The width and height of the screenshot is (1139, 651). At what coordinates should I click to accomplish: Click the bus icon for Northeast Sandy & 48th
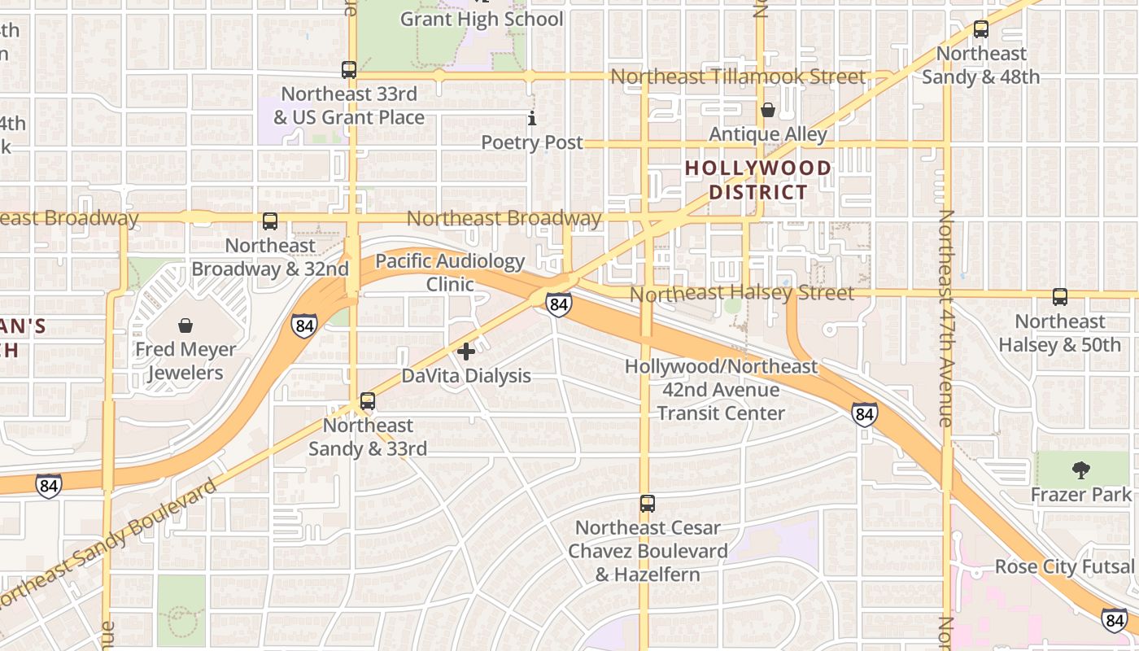click(x=980, y=30)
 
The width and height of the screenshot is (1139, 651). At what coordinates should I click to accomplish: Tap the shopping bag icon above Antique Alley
click(x=767, y=110)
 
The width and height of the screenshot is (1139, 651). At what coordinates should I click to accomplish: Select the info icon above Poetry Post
click(x=532, y=119)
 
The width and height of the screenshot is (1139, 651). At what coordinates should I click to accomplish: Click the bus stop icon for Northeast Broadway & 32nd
click(x=269, y=221)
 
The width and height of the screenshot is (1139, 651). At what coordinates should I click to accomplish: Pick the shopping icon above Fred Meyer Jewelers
click(x=185, y=326)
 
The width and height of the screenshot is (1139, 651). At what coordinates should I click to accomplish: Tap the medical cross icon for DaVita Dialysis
click(x=466, y=352)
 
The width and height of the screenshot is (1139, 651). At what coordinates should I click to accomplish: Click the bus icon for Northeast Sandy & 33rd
click(x=367, y=401)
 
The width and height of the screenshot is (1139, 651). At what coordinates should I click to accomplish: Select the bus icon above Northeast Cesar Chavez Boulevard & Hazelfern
click(x=647, y=504)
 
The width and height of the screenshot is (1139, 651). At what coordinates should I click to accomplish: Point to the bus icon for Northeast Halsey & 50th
click(x=1059, y=297)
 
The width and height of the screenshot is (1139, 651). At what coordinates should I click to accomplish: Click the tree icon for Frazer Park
click(x=1080, y=470)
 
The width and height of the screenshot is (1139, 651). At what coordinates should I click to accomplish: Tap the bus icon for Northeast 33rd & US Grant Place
click(x=349, y=70)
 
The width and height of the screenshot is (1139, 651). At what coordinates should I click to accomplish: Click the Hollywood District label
click(x=758, y=180)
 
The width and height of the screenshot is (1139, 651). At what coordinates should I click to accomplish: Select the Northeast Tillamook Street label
click(x=738, y=76)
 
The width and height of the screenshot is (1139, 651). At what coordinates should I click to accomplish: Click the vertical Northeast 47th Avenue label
click(x=945, y=318)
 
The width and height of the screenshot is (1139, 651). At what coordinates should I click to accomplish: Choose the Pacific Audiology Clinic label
click(x=450, y=273)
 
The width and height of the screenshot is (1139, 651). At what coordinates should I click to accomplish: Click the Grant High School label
click(x=482, y=19)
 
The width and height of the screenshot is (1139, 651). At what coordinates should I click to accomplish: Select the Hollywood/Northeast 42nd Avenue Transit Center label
click(x=721, y=390)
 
